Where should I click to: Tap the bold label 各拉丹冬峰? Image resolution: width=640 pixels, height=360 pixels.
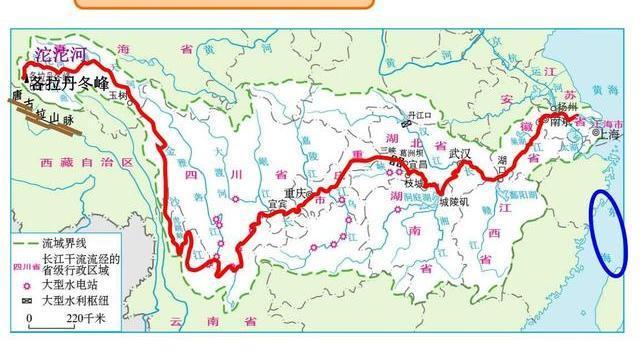pos(69,81)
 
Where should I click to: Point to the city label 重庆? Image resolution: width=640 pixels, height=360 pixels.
pos(294,193)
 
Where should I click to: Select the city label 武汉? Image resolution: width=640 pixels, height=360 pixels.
pos(460,154)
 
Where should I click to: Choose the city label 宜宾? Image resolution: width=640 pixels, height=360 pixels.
pos(277,204)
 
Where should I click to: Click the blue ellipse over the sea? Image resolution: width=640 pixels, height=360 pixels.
pos(610,232)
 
